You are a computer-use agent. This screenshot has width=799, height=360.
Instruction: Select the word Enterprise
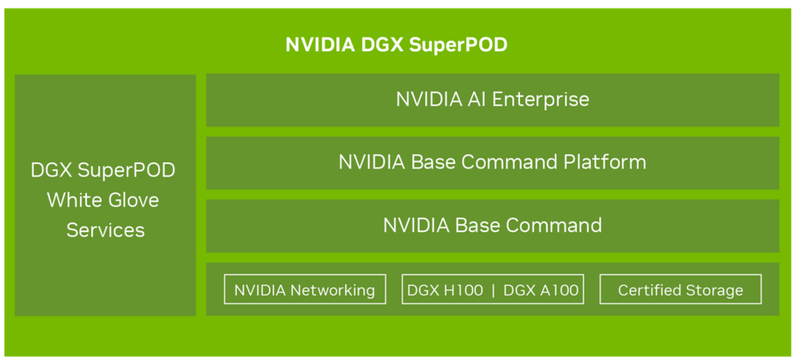[541, 100]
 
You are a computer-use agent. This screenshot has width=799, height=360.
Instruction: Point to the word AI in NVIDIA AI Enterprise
[477, 100]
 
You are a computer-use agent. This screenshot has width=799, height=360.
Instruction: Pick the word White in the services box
[72, 200]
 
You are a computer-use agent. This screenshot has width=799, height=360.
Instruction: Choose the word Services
[106, 230]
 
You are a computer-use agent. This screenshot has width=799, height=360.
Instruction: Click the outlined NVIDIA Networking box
[305, 289]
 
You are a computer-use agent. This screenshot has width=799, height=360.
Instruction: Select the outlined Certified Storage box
[681, 289]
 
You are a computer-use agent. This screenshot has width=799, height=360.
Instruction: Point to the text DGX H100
[446, 290]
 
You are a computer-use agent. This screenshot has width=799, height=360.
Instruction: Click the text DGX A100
[541, 290]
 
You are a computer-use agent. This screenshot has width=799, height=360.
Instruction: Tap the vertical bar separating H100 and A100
[493, 290]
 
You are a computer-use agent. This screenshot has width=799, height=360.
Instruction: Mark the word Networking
[332, 290]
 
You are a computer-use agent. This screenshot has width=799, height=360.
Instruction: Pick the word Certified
[648, 290]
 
